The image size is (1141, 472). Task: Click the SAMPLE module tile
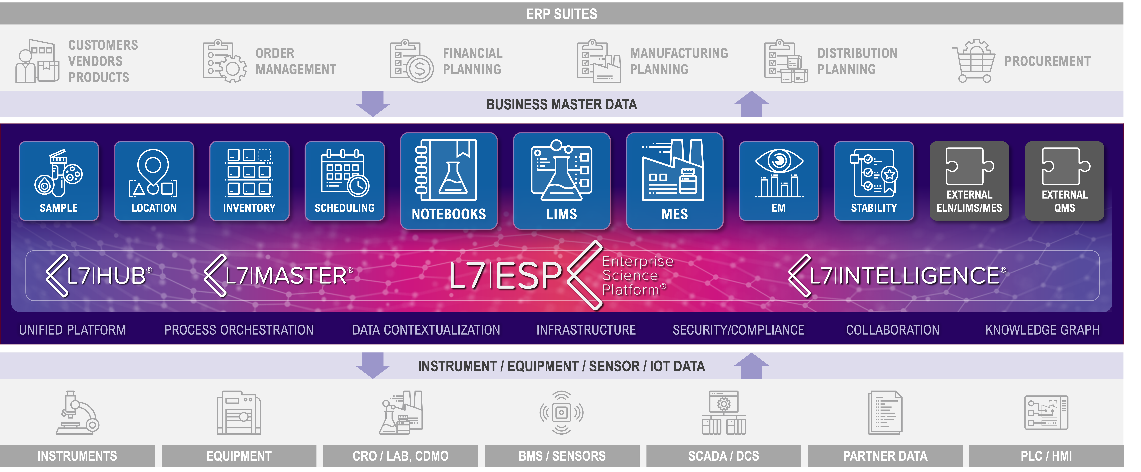tap(58, 181)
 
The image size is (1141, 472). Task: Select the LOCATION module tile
tap(154, 181)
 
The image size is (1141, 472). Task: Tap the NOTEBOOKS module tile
tap(449, 181)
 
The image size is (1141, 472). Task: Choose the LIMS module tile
tap(562, 181)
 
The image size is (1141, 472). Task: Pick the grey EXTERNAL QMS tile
tap(1064, 181)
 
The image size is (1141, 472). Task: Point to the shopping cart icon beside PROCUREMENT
tap(974, 61)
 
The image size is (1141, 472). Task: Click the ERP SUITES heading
tap(561, 14)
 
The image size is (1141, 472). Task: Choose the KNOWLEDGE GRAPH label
tap(1042, 330)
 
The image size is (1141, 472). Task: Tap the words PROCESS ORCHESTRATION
tap(239, 330)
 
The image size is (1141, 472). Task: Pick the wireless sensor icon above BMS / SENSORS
tap(561, 413)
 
